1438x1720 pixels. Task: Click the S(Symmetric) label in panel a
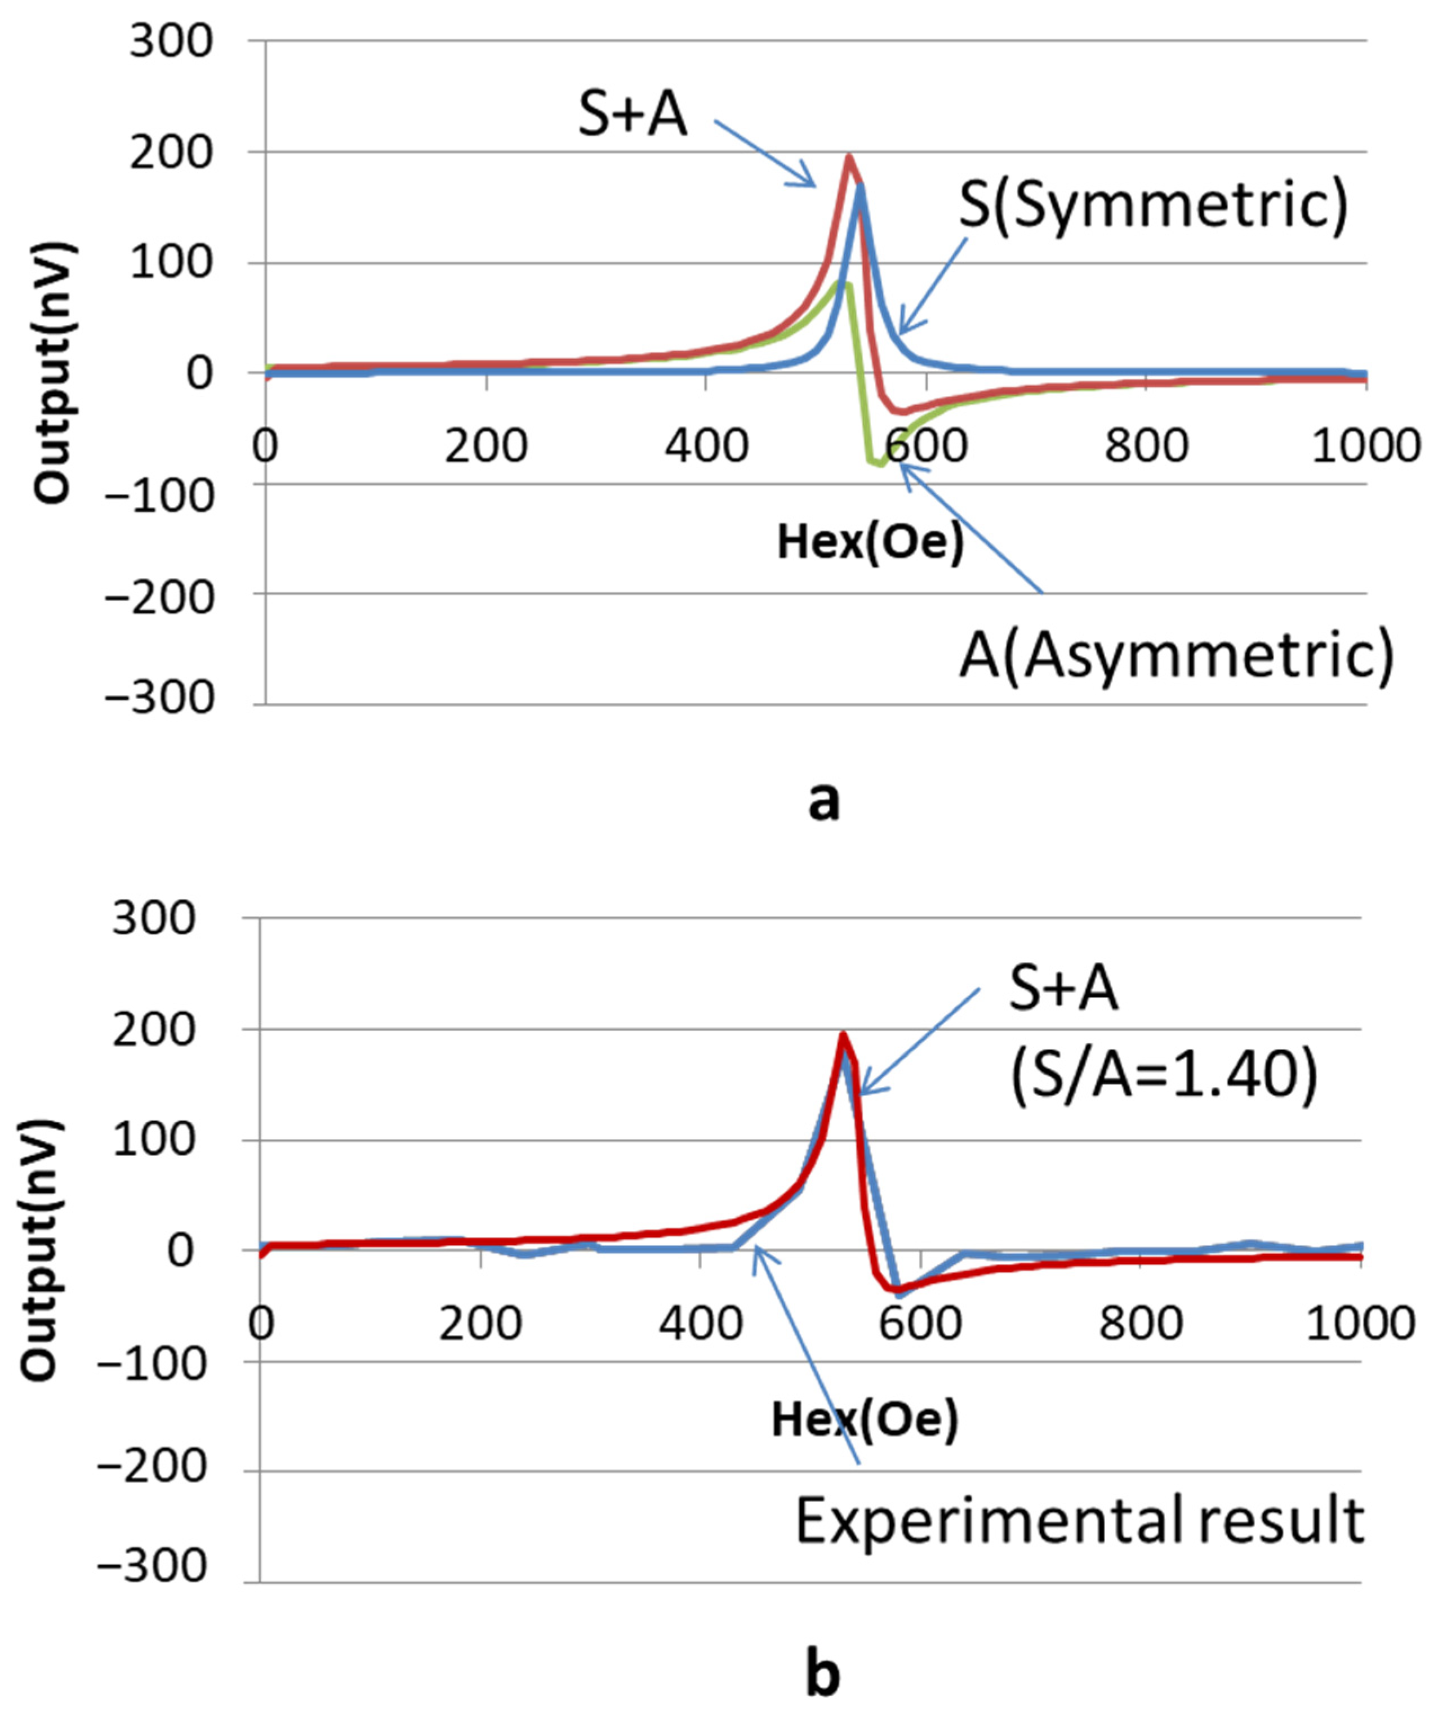coord(1154,207)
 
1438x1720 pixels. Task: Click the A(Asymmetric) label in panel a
coord(1177,655)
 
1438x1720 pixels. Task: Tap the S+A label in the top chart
coord(633,115)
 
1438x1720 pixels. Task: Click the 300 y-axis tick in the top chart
coord(171,41)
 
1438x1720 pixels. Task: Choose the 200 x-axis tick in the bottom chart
coord(480,1323)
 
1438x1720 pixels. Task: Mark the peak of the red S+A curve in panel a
coord(849,157)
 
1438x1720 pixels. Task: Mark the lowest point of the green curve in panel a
coord(879,464)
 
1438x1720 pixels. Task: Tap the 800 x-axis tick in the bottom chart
coord(1141,1323)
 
